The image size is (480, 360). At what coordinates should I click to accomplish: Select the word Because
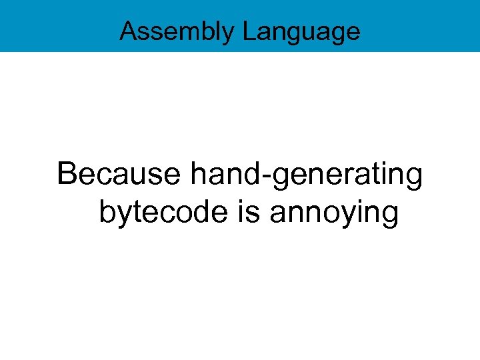pyautogui.click(x=119, y=175)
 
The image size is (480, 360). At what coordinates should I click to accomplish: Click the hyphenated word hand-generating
pyautogui.click(x=307, y=175)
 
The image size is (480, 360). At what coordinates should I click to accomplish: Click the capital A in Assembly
pyautogui.click(x=128, y=31)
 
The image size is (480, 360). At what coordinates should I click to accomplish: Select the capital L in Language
pyautogui.click(x=247, y=31)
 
